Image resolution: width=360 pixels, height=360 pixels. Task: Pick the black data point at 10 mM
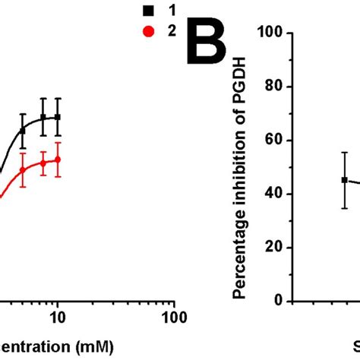[58, 117]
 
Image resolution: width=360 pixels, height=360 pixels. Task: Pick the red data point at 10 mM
[58, 159]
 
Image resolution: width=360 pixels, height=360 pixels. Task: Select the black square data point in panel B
[344, 180]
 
